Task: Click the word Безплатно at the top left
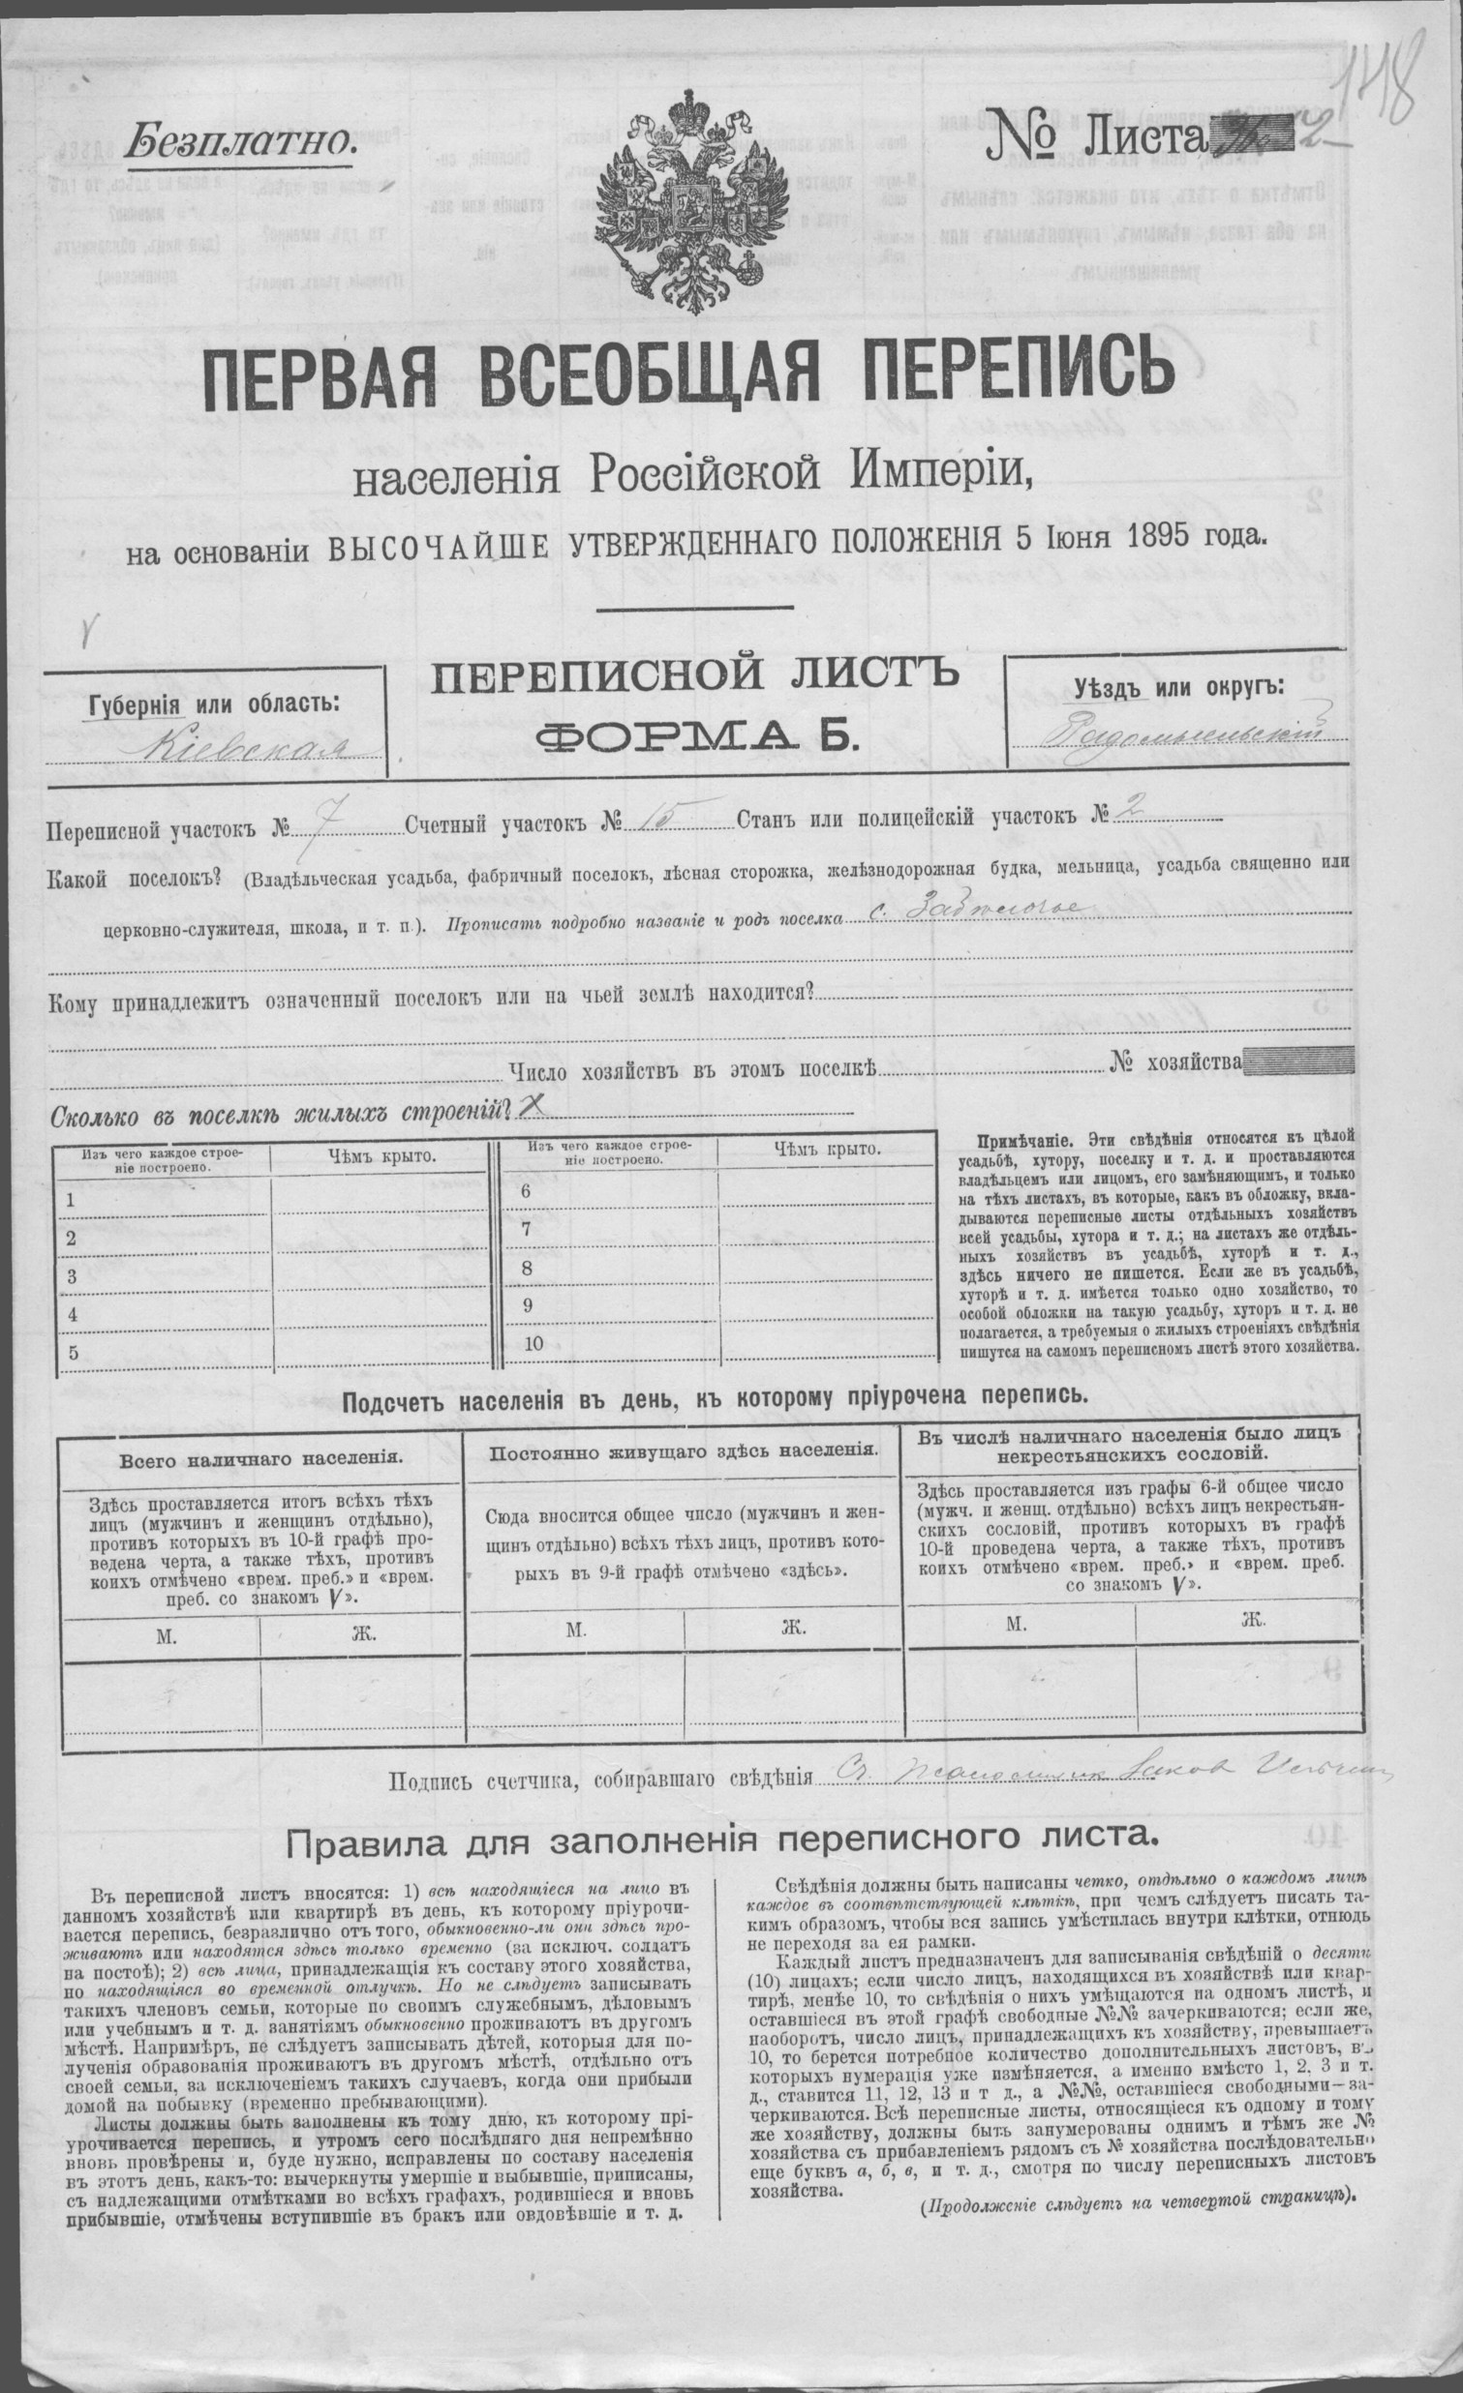pyautogui.click(x=242, y=143)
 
